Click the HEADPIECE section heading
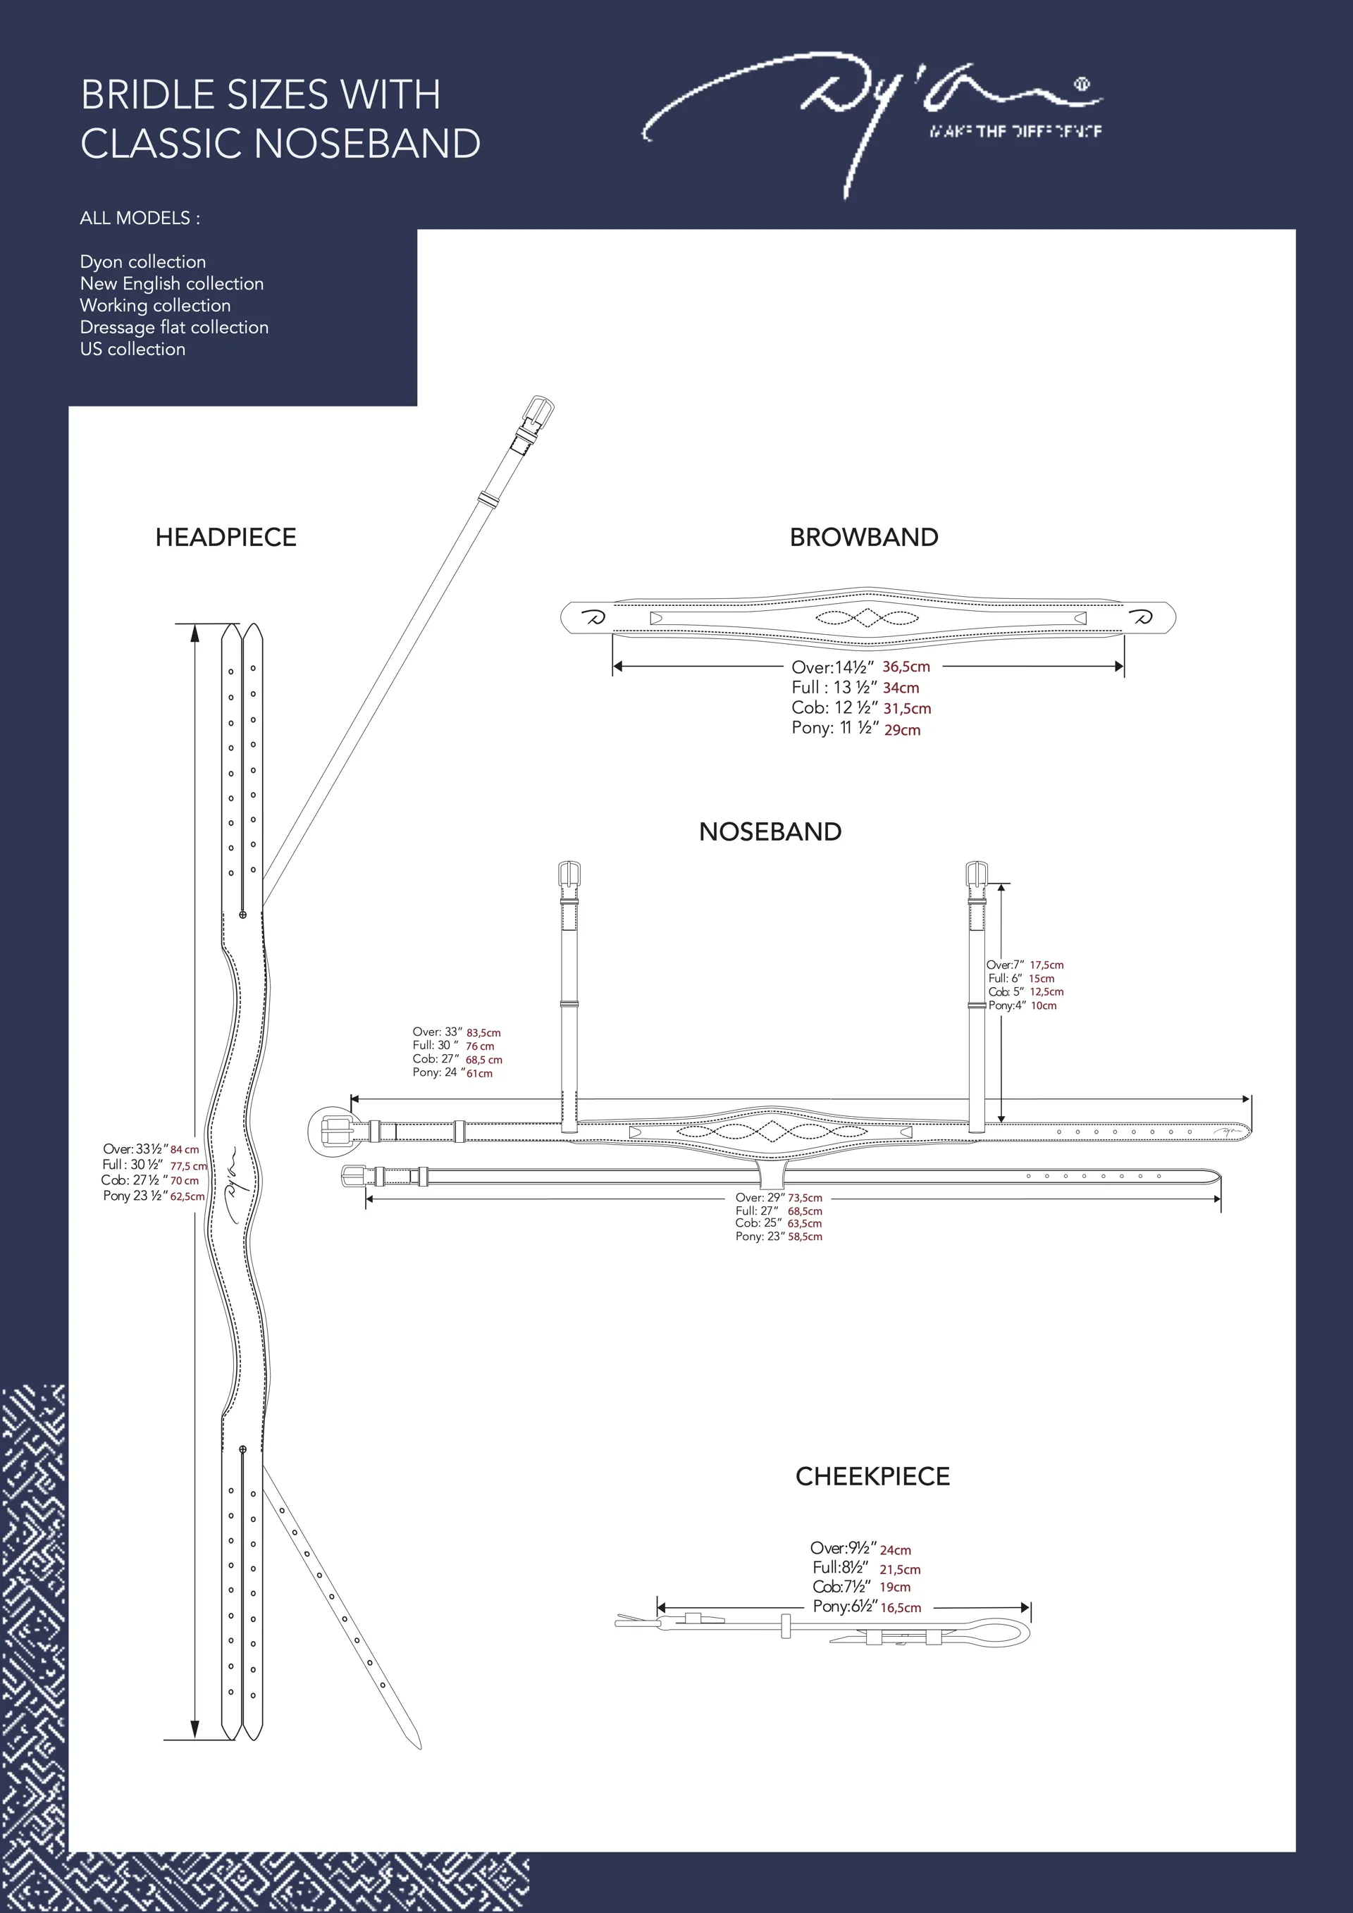tap(225, 538)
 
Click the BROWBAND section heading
tap(863, 538)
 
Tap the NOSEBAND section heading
tap(770, 831)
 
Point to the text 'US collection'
tap(132, 349)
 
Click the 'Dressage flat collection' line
tap(174, 328)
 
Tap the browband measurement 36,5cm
tap(906, 667)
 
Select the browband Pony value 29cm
tap(902, 730)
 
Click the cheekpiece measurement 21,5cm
tap(900, 1570)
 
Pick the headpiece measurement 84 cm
tap(185, 1150)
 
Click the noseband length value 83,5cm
tap(483, 1033)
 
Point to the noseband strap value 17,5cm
tap(1046, 965)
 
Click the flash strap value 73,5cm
tap(805, 1198)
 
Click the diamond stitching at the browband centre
tap(867, 618)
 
